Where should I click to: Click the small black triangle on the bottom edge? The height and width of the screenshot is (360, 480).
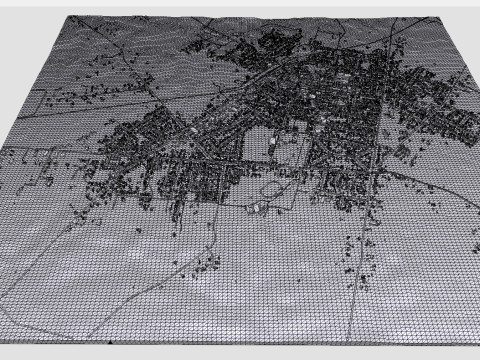coord(108,343)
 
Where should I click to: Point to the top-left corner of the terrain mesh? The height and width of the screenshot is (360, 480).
coord(67,18)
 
